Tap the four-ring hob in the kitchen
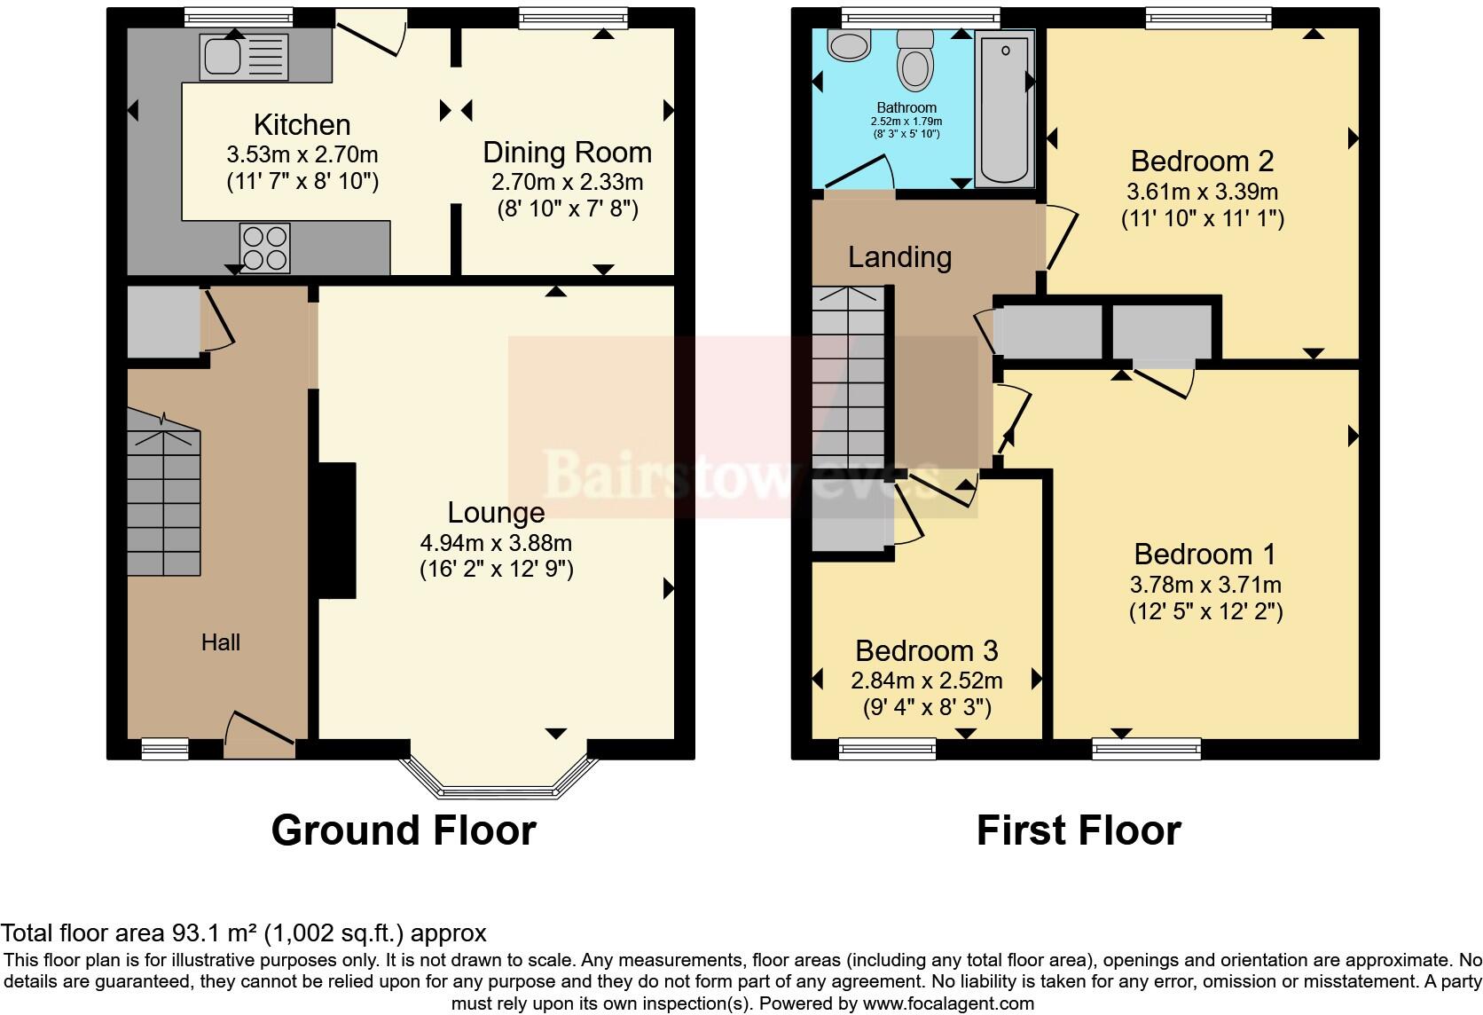click(x=264, y=248)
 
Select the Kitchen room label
click(x=302, y=125)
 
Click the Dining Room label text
click(x=567, y=153)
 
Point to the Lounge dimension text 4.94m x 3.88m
click(x=496, y=542)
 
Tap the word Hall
click(x=220, y=642)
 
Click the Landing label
click(x=899, y=257)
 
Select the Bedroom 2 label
click(x=1202, y=161)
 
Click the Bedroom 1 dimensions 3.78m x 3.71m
click(x=1204, y=585)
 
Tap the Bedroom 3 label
click(x=926, y=651)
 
